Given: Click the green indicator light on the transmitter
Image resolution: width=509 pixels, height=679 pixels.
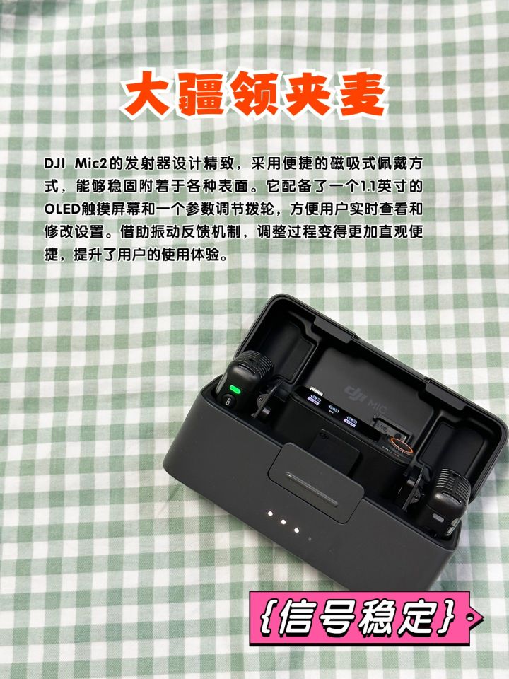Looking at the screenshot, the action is [235, 389].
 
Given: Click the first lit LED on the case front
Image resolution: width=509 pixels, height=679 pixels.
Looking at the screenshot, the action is [271, 514].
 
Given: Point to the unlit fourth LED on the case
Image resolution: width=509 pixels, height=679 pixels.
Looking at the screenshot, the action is [310, 539].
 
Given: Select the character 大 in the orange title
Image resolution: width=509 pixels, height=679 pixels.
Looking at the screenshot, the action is [146, 94].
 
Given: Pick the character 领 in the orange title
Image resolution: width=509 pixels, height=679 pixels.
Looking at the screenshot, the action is [254, 94].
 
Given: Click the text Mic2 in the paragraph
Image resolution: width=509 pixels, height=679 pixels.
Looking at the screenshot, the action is [92, 164].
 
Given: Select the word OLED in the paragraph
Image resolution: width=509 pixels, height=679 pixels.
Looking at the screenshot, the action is [62, 209].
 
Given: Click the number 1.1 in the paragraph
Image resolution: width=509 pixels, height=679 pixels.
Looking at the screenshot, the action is [368, 187].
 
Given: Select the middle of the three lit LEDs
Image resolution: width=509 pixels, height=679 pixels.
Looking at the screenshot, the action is [283, 522].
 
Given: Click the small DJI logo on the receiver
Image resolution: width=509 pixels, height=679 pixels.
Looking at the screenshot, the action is [324, 438].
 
